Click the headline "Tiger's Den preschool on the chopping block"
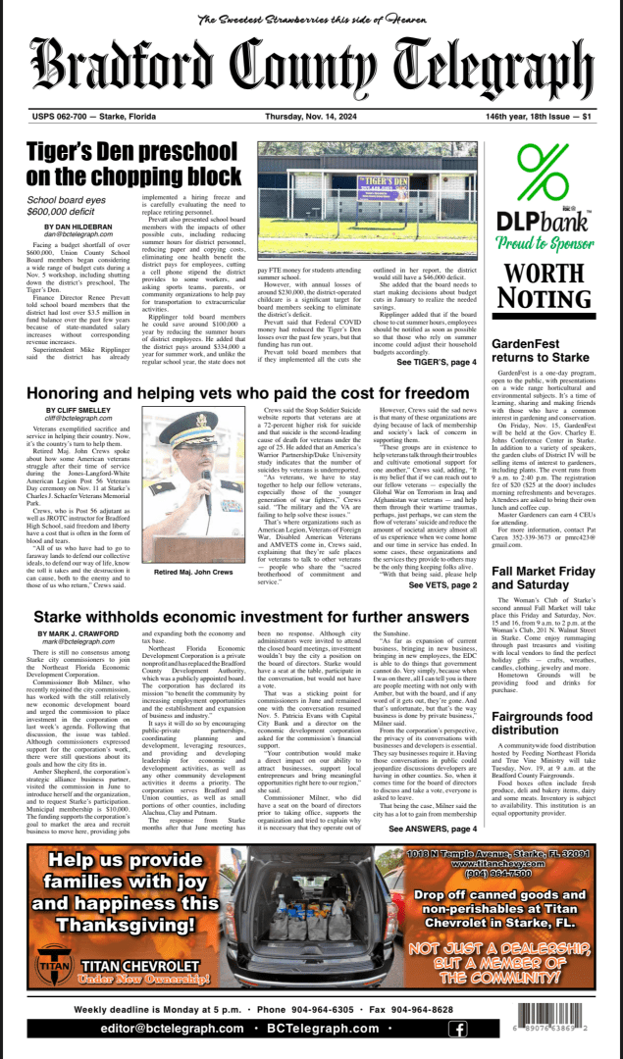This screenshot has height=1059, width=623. (132, 164)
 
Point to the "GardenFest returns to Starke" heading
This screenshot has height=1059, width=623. (540, 352)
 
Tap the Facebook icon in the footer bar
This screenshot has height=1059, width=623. (456, 1029)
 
